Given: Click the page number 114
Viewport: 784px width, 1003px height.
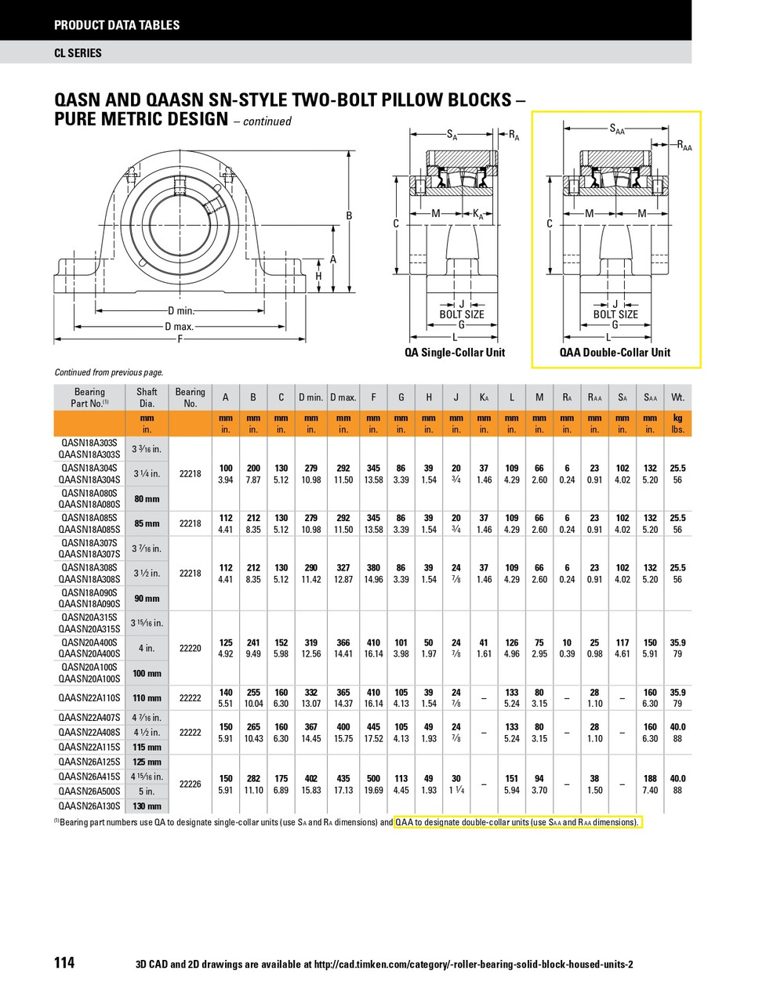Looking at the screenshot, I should click(x=64, y=962).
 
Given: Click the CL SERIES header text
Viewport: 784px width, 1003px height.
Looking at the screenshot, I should click(x=78, y=53).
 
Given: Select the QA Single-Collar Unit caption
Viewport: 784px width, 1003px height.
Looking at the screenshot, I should click(x=455, y=353).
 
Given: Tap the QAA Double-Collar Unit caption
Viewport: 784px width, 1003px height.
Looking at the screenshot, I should click(x=615, y=353).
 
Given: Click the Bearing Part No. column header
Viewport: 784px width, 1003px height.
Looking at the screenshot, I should click(x=89, y=397).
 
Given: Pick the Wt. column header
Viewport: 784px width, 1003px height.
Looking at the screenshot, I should click(x=677, y=397).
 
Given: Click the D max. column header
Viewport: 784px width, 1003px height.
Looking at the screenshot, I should click(x=343, y=397).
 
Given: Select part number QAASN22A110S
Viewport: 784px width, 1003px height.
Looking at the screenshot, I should click(x=89, y=698).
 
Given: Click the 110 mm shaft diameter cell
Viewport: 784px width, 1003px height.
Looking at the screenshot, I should click(x=147, y=698).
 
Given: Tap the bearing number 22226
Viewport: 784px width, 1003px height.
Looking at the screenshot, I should click(x=191, y=784).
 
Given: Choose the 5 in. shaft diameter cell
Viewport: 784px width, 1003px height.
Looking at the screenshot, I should click(x=147, y=791).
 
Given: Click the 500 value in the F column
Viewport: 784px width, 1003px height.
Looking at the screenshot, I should click(x=373, y=779).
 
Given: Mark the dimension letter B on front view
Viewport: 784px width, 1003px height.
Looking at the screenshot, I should click(x=349, y=216).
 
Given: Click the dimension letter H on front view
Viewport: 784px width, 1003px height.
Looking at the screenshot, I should click(x=318, y=277).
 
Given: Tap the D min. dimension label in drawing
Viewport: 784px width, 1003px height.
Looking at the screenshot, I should click(x=181, y=311).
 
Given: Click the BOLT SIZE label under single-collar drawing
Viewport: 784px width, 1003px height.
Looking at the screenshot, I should click(x=461, y=315).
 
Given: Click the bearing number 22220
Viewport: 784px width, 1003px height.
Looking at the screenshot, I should click(x=191, y=648).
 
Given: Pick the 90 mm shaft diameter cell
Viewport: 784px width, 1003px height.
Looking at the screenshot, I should click(x=147, y=599).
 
